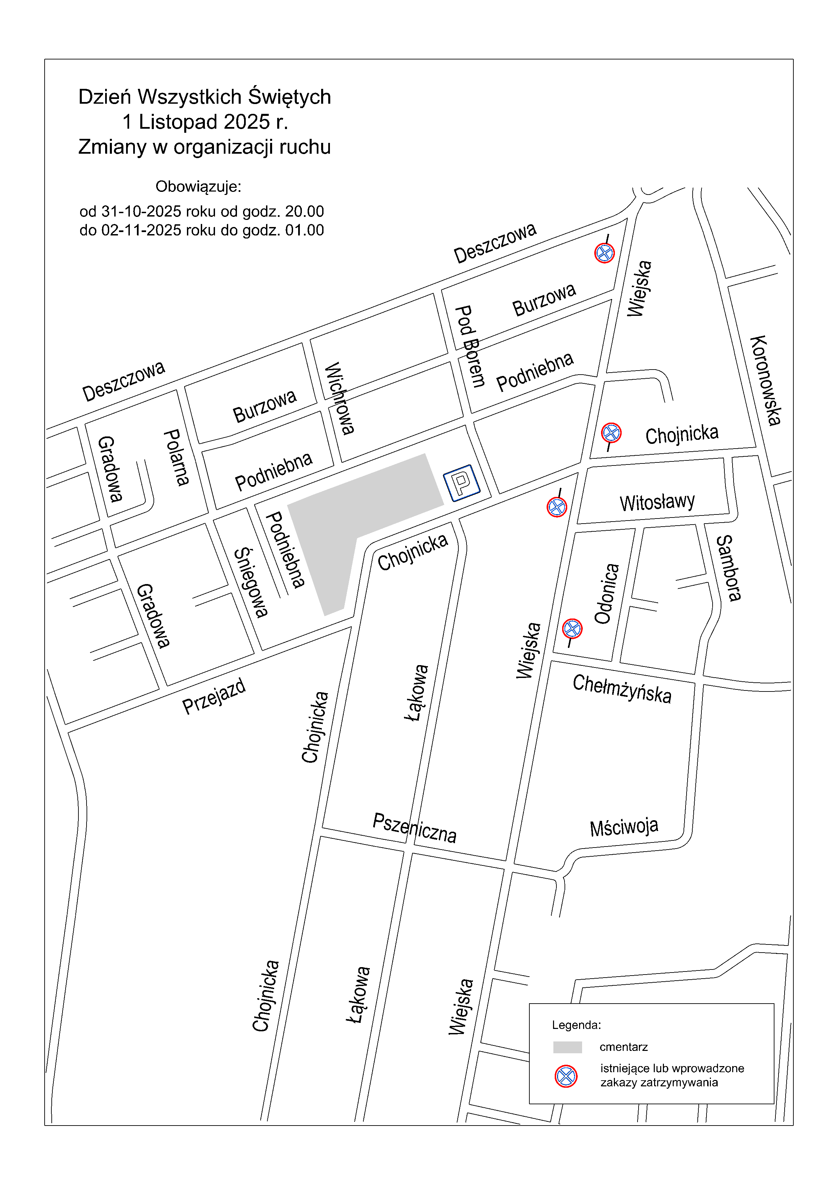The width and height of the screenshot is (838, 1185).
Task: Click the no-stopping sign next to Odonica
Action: [x=572, y=629]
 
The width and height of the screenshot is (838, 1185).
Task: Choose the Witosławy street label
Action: [x=657, y=502]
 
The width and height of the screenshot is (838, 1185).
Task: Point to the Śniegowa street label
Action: [x=251, y=583]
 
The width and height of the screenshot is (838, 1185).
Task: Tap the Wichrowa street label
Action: [x=339, y=398]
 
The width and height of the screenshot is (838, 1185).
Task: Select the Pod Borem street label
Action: [x=470, y=346]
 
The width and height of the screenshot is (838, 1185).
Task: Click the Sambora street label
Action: [x=728, y=568]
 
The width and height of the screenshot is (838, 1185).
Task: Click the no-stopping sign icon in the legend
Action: [x=566, y=1076]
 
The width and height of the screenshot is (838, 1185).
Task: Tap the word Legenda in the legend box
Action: [x=576, y=1025]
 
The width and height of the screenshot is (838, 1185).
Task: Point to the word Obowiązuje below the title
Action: [x=198, y=186]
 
